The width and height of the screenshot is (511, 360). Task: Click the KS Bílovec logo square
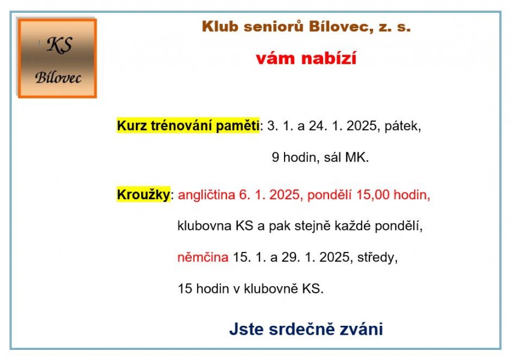pyautogui.click(x=58, y=58)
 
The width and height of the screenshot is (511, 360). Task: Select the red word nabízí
pyautogui.click(x=329, y=59)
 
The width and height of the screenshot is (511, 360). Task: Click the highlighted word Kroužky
pyautogui.click(x=144, y=194)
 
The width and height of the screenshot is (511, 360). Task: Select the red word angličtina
pyautogui.click(x=207, y=195)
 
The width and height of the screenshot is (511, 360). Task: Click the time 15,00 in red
pyautogui.click(x=373, y=194)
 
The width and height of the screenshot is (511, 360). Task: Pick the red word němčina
pyautogui.click(x=203, y=257)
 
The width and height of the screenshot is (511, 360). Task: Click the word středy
pyautogui.click(x=377, y=257)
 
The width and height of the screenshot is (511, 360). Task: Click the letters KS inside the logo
pyautogui.click(x=59, y=44)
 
